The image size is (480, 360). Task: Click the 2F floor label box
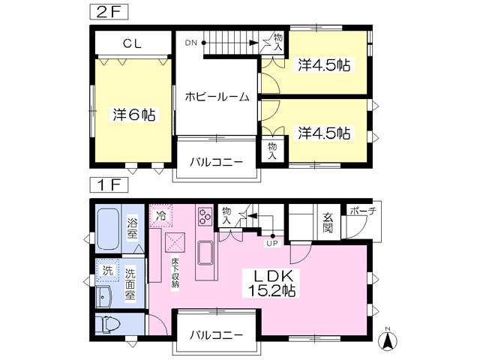[109, 13]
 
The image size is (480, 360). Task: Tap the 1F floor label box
[109, 185]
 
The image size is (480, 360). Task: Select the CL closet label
[132, 43]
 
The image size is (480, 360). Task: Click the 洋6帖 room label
[134, 115]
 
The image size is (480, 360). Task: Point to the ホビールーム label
[217, 97]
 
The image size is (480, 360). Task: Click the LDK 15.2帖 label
[271, 283]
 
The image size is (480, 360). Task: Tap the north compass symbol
[388, 339]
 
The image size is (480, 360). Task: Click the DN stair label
[190, 43]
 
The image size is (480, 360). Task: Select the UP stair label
[272, 244]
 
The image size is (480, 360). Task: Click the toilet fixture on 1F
[108, 324]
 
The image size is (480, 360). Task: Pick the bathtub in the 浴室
[108, 229]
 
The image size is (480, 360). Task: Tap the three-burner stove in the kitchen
[205, 216]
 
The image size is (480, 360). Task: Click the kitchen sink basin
[205, 253]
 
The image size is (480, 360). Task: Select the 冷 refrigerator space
[161, 216]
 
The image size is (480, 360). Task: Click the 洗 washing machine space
[107, 270]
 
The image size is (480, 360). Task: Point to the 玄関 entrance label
[328, 223]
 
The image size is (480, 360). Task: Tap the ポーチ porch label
[363, 211]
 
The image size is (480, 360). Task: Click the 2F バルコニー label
[216, 162]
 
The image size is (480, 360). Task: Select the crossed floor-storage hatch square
[175, 242]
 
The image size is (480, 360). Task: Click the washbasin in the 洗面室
[103, 297]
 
